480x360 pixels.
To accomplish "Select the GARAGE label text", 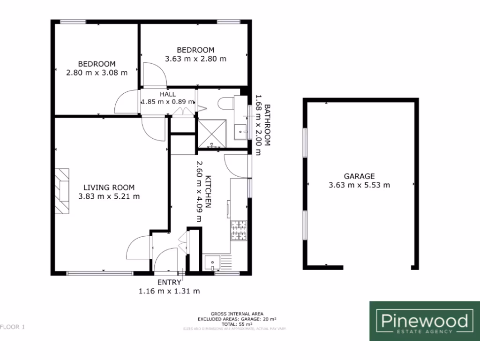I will tap(359, 176).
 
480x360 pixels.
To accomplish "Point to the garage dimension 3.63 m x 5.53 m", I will tap(359, 185).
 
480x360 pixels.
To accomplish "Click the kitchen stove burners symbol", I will tap(238, 229).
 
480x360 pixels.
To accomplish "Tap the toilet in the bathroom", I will tap(227, 103).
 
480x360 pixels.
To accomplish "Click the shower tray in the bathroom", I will tap(212, 134).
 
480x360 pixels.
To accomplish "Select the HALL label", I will tap(167, 94).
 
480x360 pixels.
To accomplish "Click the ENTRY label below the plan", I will tap(169, 282).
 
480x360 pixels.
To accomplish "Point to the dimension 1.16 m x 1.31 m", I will tap(169, 291).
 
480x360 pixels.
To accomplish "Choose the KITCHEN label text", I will tap(209, 192).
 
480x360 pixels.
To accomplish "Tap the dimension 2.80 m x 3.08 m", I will tap(97, 73).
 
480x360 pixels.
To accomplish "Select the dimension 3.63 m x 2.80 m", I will tap(195, 59).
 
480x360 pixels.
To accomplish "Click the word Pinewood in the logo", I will tap(424, 321).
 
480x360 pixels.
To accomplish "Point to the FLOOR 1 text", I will tap(13, 327).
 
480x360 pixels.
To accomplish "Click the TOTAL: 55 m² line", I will tap(237, 324).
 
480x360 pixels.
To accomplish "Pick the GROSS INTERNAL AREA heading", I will tap(237, 314).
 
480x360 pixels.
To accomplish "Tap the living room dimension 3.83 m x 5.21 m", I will tap(109, 197).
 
